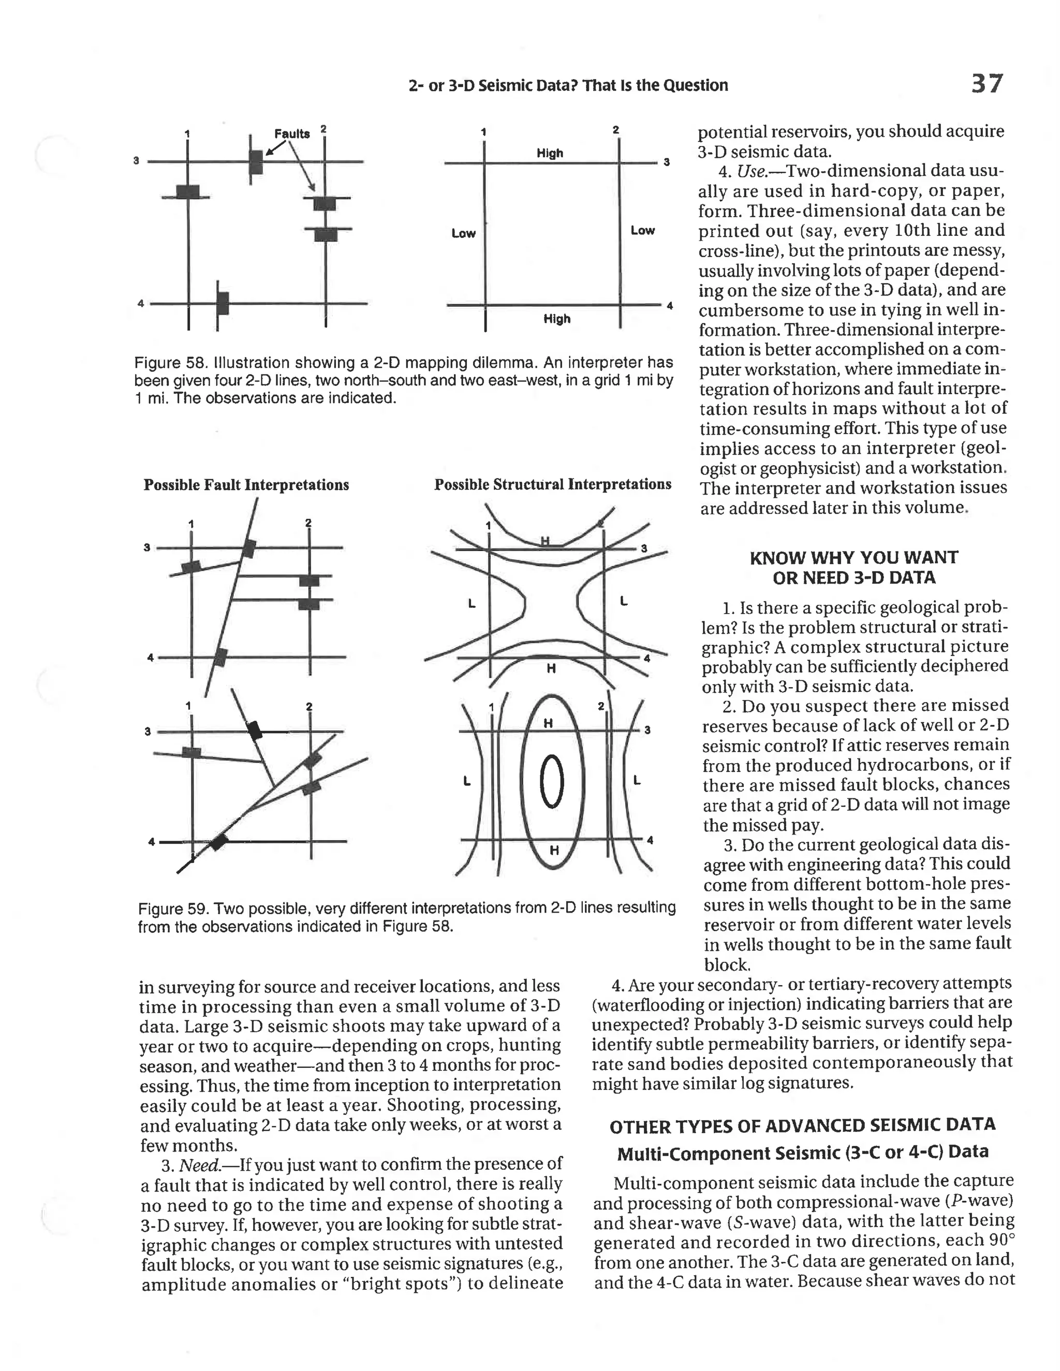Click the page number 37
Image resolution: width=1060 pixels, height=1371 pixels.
pyautogui.click(x=987, y=83)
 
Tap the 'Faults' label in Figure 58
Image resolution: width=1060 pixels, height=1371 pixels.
pyautogui.click(x=292, y=133)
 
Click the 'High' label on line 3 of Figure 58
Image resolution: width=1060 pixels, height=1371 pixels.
pyautogui.click(x=550, y=153)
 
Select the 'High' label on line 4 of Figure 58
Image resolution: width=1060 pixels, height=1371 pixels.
pyautogui.click(x=556, y=319)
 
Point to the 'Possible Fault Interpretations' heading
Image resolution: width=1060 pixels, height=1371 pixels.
pyautogui.click(x=246, y=485)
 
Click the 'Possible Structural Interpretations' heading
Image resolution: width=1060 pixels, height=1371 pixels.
pyautogui.click(x=553, y=484)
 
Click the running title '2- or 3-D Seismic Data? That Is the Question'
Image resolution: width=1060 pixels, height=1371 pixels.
pyautogui.click(x=568, y=85)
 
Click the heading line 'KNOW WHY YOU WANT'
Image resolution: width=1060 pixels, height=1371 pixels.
pyautogui.click(x=854, y=557)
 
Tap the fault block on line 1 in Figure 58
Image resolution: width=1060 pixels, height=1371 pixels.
pyautogui.click(x=187, y=191)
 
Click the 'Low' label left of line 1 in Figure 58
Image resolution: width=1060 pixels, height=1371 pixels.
pyautogui.click(x=463, y=233)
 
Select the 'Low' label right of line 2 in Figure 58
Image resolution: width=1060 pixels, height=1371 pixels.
pyautogui.click(x=642, y=230)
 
